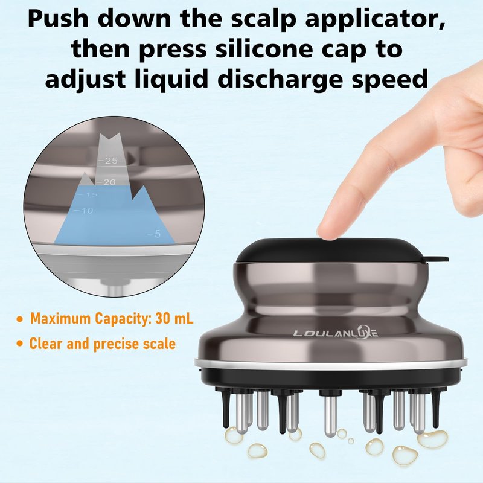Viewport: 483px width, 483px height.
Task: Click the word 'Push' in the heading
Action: tap(58, 20)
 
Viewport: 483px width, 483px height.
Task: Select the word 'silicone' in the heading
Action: tap(264, 50)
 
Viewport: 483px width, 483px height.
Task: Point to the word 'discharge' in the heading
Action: tap(280, 80)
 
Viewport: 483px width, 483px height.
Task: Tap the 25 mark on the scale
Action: tap(108, 161)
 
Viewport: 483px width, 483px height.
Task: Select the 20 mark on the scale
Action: tap(105, 182)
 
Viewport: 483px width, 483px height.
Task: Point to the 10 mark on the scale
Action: tap(83, 211)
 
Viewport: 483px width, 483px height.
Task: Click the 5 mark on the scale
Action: tap(154, 234)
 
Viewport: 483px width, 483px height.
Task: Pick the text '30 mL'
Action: tap(174, 318)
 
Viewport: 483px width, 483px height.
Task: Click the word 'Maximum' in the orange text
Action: tap(60, 318)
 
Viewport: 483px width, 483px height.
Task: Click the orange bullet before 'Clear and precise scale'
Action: tap(20, 344)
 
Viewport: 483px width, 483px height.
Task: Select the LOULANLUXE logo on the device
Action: tap(336, 333)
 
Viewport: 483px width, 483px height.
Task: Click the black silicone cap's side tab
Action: tap(437, 259)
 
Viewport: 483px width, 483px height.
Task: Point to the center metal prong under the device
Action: tap(330, 417)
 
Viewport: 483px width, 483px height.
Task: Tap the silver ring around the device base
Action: tap(331, 363)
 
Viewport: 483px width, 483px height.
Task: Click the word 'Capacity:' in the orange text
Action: tap(123, 319)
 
